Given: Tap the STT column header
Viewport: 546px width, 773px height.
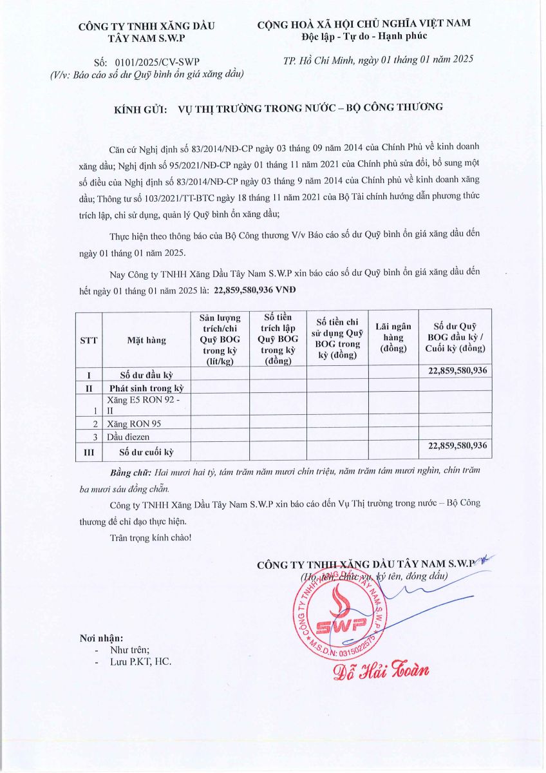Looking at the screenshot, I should pos(88,340).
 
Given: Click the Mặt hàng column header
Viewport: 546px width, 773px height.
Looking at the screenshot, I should pos(146,340).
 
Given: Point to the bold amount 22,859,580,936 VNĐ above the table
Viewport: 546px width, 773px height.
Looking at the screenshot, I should pos(254,291).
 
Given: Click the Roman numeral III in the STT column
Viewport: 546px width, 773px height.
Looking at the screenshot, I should pos(88,452).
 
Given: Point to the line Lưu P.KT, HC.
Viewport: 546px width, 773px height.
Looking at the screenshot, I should pos(140,662).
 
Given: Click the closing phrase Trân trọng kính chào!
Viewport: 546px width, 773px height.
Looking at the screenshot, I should pos(150,537).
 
